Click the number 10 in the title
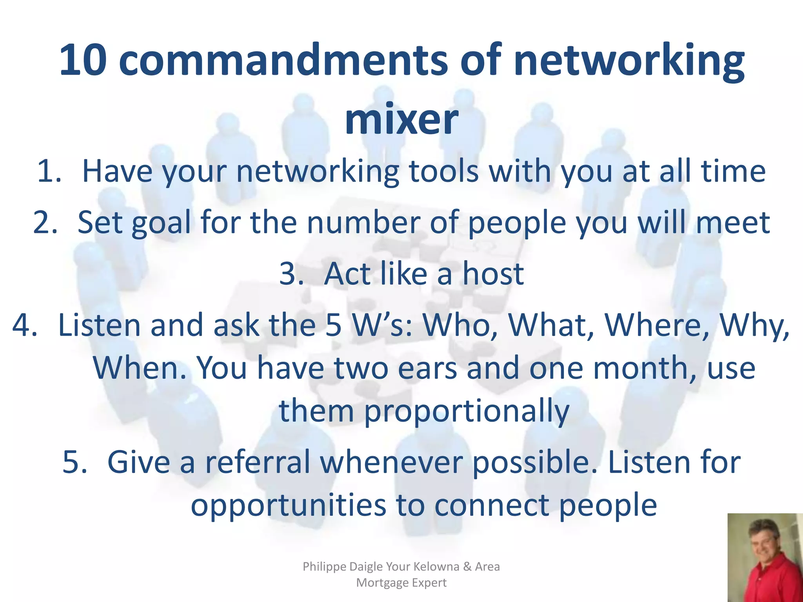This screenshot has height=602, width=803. (x=83, y=60)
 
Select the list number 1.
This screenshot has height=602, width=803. (x=49, y=171)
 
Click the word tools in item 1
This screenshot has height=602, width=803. (x=443, y=171)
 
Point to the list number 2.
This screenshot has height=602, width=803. (x=45, y=222)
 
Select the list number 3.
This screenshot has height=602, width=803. (x=292, y=273)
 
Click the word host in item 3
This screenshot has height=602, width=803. (x=493, y=273)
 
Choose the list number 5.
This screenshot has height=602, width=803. (x=74, y=462)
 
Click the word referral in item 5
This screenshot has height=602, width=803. (x=258, y=462)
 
